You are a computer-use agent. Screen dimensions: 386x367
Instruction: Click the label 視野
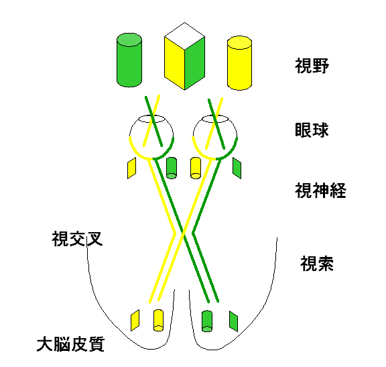(x=312, y=66)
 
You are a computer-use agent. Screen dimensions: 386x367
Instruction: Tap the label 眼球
(x=312, y=130)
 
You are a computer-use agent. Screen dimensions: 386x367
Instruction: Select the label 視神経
(x=320, y=191)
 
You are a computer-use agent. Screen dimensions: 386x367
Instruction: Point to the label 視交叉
(x=77, y=239)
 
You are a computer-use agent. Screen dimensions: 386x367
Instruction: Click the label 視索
(x=317, y=264)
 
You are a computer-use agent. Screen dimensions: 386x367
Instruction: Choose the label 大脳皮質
(x=70, y=344)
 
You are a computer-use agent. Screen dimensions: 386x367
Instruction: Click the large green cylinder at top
(x=129, y=60)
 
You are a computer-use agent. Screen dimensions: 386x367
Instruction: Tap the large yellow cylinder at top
(x=239, y=63)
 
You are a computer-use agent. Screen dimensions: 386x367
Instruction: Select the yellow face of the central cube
(x=174, y=64)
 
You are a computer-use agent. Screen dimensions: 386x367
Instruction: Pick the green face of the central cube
(x=195, y=64)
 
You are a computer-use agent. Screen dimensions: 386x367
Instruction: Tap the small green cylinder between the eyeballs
(x=172, y=168)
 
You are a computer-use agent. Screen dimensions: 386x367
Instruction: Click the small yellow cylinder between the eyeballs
(x=196, y=168)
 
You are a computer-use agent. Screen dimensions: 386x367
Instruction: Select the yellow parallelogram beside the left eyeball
(x=132, y=168)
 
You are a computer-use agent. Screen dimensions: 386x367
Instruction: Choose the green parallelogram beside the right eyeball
(x=237, y=168)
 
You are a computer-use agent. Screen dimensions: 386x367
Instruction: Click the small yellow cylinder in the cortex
(x=159, y=320)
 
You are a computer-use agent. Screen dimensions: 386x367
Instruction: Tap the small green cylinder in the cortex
(x=207, y=321)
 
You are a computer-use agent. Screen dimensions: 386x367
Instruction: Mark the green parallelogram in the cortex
(x=234, y=321)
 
